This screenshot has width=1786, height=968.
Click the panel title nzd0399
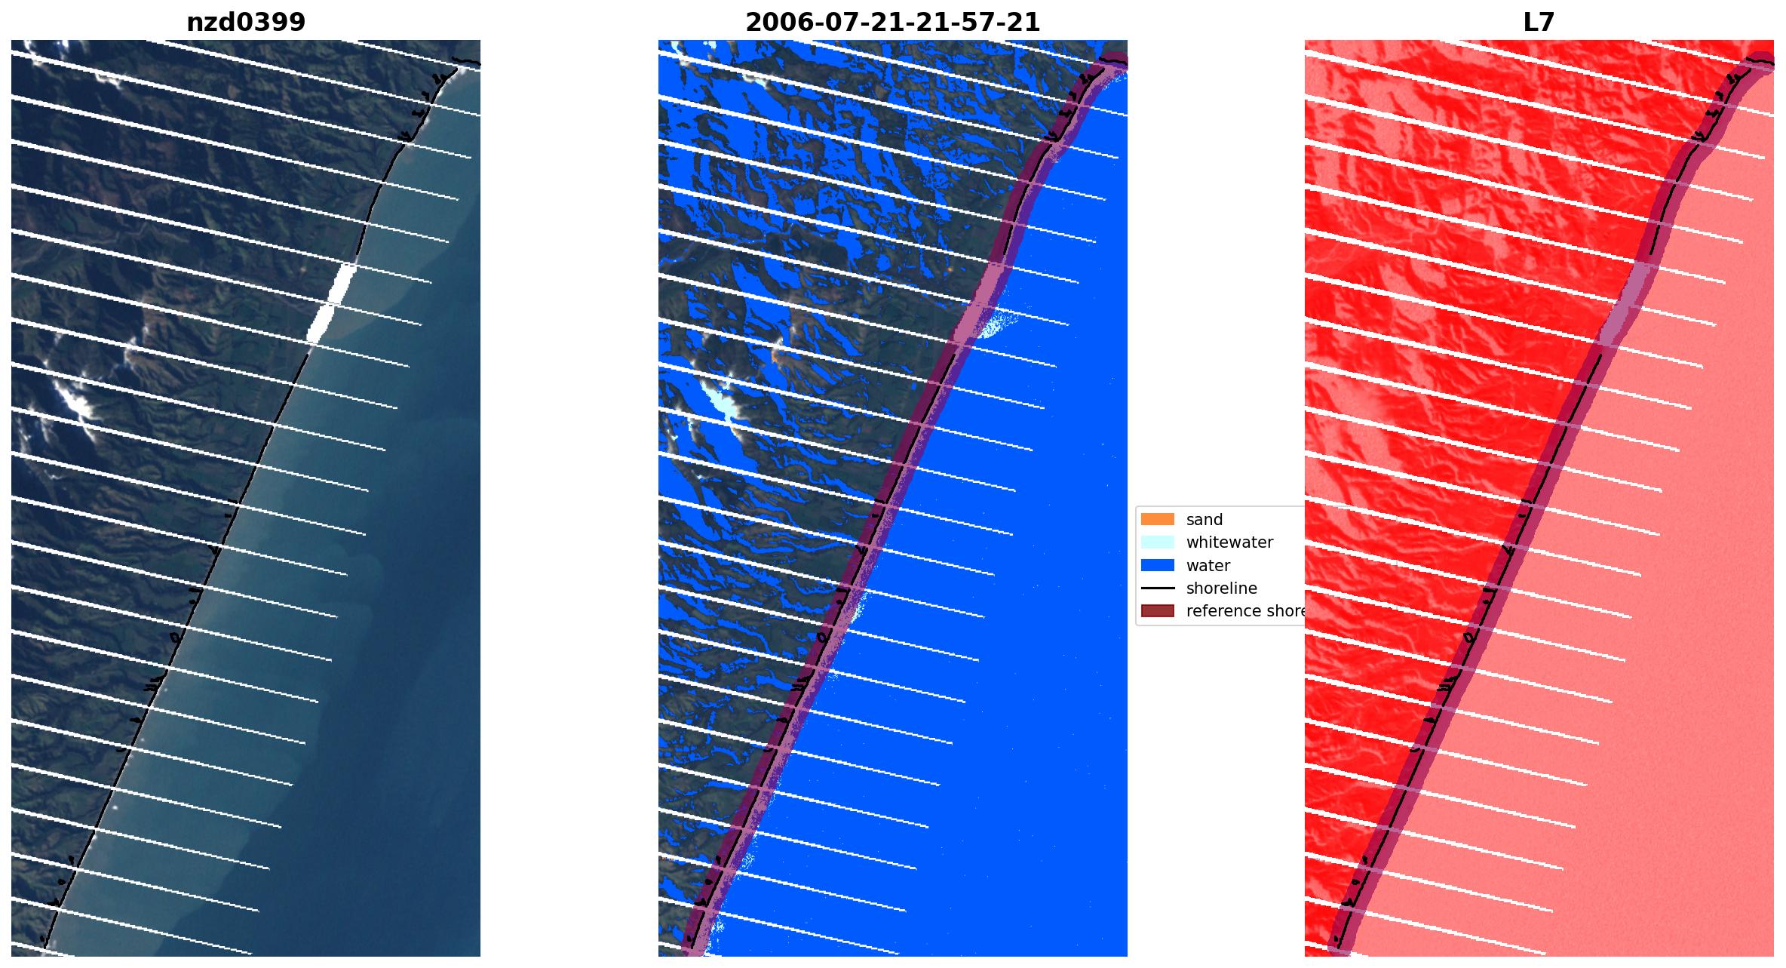246,23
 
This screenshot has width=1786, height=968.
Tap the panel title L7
1539,23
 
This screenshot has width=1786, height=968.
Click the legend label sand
1204,520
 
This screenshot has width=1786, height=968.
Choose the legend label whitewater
1229,542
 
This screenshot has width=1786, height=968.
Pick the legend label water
1208,566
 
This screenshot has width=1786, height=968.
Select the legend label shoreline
1221,588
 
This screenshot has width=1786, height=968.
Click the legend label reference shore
1244,611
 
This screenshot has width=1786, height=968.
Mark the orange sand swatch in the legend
1157,520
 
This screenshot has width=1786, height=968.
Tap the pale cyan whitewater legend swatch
1157,542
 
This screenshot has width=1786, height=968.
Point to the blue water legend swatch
1157,566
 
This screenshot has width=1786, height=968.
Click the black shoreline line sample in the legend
1157,588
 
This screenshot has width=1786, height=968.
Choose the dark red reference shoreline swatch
1157,611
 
